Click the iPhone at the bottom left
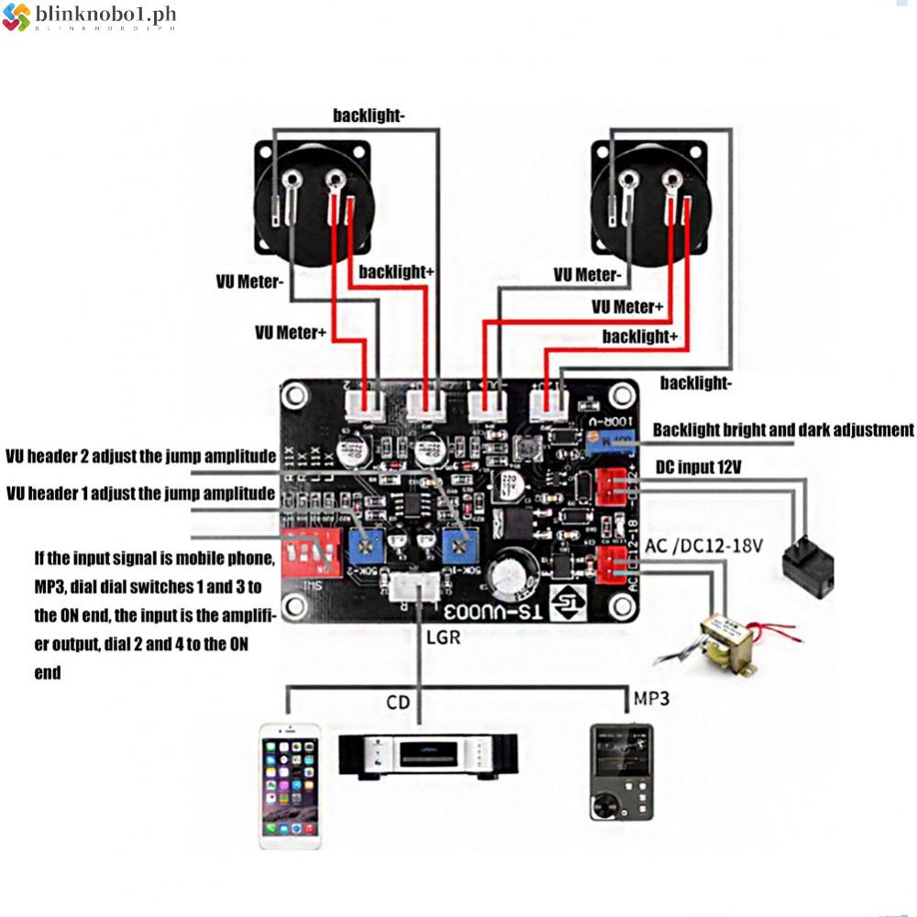point(291,786)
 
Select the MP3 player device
point(621,771)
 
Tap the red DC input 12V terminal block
point(612,486)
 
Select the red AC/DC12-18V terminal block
point(612,566)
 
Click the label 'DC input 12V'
point(699,468)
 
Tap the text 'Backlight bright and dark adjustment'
point(783,430)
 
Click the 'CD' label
point(398,703)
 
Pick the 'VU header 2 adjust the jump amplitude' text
point(140,457)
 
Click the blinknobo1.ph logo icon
point(16,17)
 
